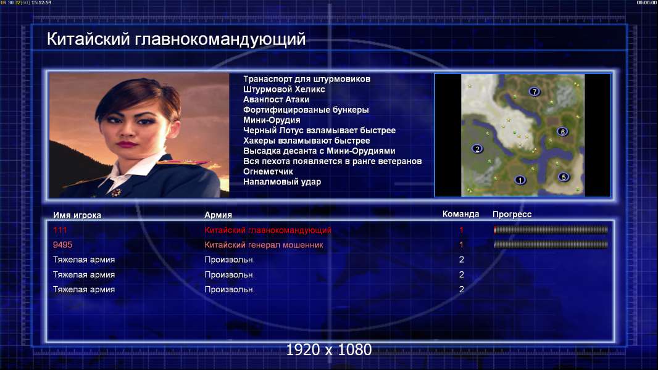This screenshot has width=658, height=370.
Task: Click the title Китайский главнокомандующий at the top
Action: click(x=177, y=39)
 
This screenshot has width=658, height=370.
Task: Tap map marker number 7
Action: click(x=534, y=91)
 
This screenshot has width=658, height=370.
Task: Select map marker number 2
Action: click(x=477, y=149)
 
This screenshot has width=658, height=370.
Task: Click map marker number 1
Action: click(x=520, y=180)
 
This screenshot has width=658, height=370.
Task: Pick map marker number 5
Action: click(x=564, y=177)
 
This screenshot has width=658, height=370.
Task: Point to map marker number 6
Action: click(x=562, y=131)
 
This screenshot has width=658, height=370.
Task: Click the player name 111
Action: click(x=60, y=230)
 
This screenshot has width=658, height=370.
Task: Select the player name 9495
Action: click(x=62, y=245)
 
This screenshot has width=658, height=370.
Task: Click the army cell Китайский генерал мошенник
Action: click(x=264, y=245)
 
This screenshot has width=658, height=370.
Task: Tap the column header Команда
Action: click(x=460, y=214)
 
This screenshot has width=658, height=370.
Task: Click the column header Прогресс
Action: click(x=512, y=214)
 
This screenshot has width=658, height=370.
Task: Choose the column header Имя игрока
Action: click(x=77, y=215)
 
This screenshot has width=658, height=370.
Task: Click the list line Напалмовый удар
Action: click(x=282, y=182)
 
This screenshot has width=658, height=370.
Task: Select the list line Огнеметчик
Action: click(x=268, y=171)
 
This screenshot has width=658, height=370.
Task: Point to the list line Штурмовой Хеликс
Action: click(x=284, y=89)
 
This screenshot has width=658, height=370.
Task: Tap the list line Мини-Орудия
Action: click(x=272, y=120)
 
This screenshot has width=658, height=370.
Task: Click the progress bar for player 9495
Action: click(x=551, y=244)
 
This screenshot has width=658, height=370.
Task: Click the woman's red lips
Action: click(x=127, y=144)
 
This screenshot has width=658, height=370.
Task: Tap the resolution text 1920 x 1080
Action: click(x=329, y=350)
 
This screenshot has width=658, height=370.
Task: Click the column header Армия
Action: click(x=219, y=215)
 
